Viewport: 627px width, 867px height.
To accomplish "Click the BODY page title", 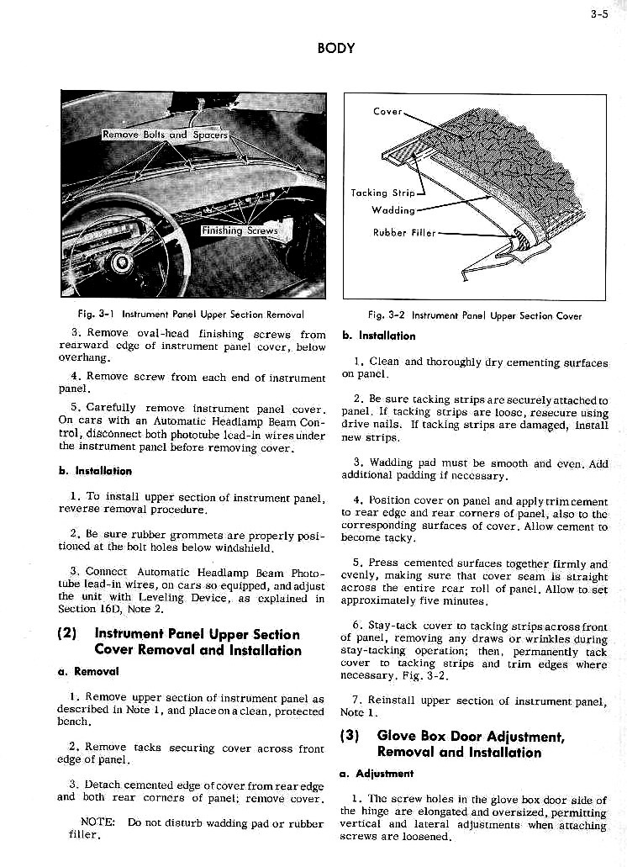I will pyautogui.click(x=335, y=48).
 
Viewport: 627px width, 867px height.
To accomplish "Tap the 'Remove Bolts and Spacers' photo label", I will pyautogui.click(x=165, y=135).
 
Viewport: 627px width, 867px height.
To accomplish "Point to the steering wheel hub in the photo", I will pyautogui.click(x=122, y=263).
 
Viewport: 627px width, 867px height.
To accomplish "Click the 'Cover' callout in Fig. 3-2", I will pyautogui.click(x=387, y=111).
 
